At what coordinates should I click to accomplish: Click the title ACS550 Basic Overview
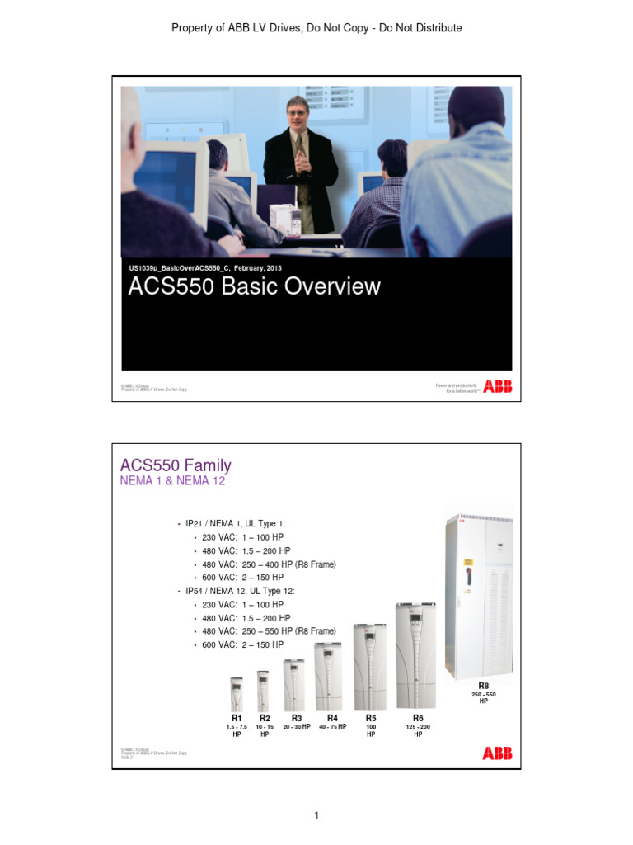tap(254, 286)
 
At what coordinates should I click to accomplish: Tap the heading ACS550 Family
tap(176, 465)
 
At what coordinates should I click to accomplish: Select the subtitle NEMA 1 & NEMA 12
tap(172, 480)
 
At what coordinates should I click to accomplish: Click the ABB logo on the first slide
tap(497, 386)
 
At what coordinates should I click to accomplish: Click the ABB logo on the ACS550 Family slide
tap(497, 753)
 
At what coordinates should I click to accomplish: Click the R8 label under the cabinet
tap(484, 686)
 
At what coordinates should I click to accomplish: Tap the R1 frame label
tap(237, 718)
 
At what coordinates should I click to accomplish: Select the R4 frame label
tap(332, 718)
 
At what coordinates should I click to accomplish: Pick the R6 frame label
tap(418, 718)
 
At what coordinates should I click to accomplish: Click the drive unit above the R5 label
tap(370, 667)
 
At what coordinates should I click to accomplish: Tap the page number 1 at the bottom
tap(316, 816)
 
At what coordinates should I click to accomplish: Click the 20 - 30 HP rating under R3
tap(297, 727)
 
